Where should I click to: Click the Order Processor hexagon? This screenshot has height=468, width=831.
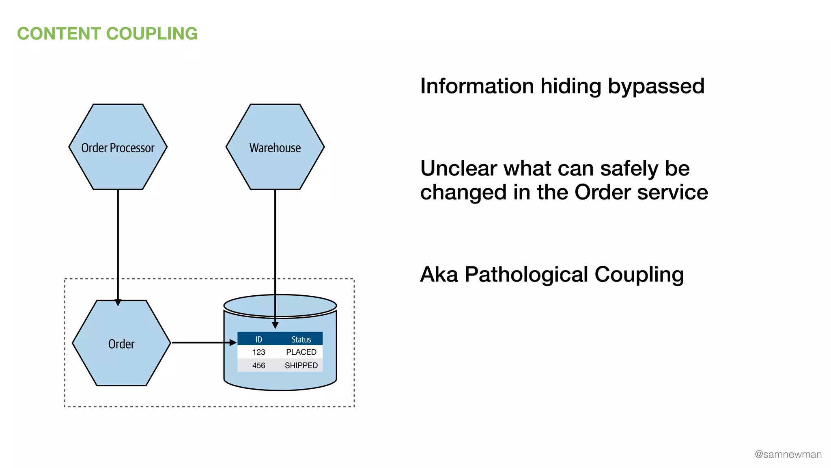(118, 147)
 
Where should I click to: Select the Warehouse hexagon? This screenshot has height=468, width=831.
(275, 147)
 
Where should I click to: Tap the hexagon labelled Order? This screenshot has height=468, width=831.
(121, 343)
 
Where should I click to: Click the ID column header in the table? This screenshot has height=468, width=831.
(259, 339)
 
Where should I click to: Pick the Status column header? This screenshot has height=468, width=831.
(301, 339)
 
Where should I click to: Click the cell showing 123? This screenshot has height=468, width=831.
(259, 352)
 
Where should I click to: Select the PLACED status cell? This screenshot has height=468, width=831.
(301, 352)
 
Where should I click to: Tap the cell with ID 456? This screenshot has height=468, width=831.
(259, 366)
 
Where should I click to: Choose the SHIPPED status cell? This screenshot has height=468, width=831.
(301, 366)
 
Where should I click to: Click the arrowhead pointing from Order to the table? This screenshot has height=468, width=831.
(233, 343)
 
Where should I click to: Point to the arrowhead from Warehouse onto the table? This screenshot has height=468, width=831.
(275, 325)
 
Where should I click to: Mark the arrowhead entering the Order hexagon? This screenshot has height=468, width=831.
(118, 303)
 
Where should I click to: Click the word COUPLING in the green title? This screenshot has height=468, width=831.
(152, 34)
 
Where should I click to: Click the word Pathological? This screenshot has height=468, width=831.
(526, 275)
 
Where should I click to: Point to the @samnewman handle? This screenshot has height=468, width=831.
(788, 455)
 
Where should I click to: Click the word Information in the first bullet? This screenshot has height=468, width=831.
(477, 86)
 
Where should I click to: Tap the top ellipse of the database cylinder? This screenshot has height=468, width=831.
(280, 305)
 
